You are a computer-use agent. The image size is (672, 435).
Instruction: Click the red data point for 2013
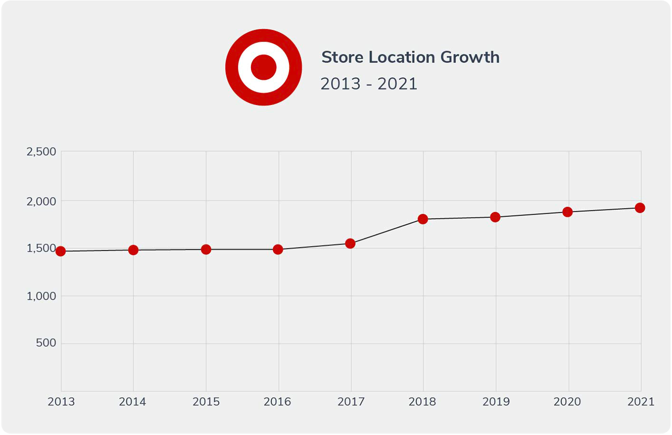click(60, 251)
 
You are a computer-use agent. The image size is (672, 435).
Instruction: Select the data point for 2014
click(133, 250)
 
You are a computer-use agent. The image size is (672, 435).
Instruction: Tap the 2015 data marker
click(206, 250)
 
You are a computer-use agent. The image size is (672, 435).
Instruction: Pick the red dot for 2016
click(278, 250)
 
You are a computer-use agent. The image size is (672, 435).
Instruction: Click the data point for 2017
click(350, 244)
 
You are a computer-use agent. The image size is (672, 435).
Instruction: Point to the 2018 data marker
click(423, 219)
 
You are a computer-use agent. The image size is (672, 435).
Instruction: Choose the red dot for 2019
click(495, 217)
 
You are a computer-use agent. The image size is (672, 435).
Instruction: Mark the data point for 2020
click(567, 212)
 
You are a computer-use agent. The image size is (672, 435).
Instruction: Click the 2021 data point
click(640, 208)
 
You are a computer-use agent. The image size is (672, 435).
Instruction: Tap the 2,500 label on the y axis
click(41, 152)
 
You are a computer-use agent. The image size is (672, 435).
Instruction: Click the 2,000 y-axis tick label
click(41, 202)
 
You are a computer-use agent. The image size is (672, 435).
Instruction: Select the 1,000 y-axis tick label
click(41, 296)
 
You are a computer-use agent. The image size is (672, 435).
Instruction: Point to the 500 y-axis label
click(46, 343)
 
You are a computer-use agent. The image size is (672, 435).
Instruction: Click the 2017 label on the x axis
click(351, 402)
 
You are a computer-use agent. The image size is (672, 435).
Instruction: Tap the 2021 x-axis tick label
click(641, 402)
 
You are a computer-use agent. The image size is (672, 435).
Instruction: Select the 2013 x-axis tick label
click(61, 402)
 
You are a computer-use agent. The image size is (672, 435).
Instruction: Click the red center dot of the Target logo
click(264, 67)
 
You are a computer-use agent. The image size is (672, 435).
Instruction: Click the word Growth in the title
click(470, 57)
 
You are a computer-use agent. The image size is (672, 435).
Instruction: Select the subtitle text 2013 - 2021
click(369, 84)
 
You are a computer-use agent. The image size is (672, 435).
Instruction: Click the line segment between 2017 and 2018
click(386, 232)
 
